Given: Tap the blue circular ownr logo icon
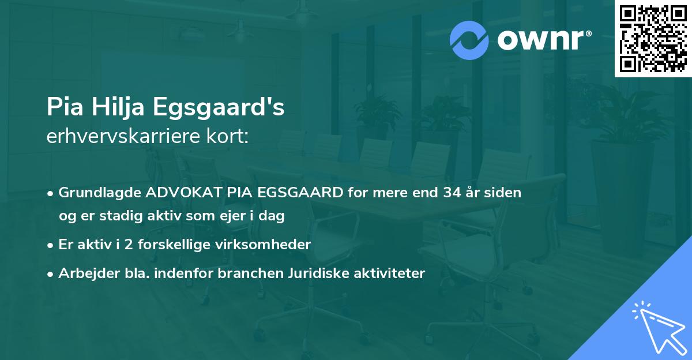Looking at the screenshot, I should click(469, 40).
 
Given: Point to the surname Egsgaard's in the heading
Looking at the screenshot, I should click(219, 107).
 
